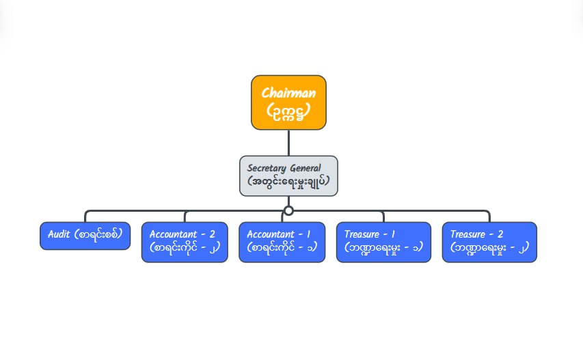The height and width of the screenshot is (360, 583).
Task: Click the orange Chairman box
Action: [x=288, y=102]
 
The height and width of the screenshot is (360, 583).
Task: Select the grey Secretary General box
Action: [x=288, y=176]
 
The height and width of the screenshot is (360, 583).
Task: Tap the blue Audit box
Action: [x=85, y=236]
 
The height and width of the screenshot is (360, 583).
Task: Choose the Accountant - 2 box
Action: [x=185, y=242]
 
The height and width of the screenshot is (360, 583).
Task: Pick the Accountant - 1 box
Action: [x=282, y=242]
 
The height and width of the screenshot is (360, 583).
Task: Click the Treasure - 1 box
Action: [x=383, y=242]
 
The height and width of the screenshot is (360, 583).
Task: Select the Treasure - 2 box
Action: [x=489, y=242]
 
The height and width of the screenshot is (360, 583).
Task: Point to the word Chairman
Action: [x=288, y=92]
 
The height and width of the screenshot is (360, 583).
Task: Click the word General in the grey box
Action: [x=305, y=168]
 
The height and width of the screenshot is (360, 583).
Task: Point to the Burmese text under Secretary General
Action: [x=288, y=183]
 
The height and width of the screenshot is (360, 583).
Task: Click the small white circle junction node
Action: [x=288, y=210]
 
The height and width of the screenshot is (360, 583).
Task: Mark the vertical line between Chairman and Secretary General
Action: [x=288, y=142]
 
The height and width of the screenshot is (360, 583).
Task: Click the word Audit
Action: [x=60, y=234]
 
